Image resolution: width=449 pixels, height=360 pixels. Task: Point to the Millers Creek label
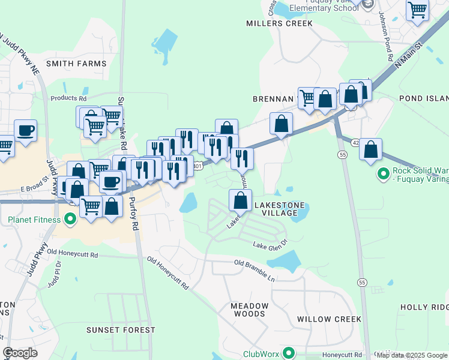click(280, 23)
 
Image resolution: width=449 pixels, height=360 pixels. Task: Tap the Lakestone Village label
click(276, 209)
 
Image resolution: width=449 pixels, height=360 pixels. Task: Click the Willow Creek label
click(329, 319)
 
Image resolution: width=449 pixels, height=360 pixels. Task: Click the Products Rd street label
click(68, 98)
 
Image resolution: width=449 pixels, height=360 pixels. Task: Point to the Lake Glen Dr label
click(270, 245)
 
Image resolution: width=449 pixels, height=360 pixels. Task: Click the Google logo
click(20, 353)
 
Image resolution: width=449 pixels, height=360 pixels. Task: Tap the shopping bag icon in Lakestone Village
click(240, 200)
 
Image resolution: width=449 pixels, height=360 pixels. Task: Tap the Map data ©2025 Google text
click(412, 355)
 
